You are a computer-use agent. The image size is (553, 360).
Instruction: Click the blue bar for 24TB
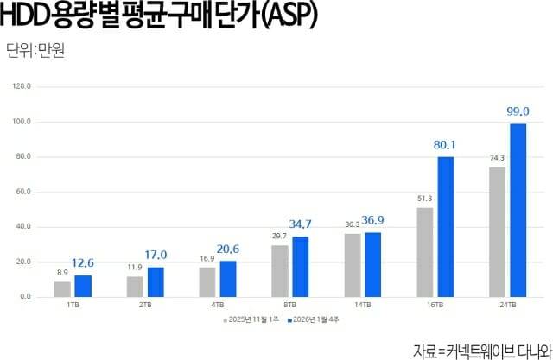(x=518, y=211)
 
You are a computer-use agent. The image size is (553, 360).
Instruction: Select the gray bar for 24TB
(x=497, y=232)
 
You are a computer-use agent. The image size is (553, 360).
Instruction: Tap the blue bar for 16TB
(x=446, y=227)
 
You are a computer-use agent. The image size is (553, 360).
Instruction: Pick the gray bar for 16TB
(x=424, y=252)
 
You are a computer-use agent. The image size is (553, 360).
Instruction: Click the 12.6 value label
(x=83, y=264)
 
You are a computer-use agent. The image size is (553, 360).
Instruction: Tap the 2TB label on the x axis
(x=144, y=305)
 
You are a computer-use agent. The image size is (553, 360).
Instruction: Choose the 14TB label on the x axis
(x=362, y=305)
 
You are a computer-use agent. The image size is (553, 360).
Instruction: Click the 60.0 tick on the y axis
(x=23, y=192)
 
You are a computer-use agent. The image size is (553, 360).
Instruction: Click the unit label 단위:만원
(x=35, y=50)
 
